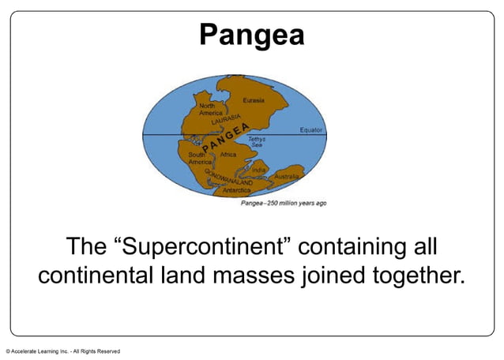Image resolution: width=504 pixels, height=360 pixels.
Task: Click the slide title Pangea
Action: coord(251,35)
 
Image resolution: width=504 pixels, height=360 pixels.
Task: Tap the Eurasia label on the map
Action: coord(265,101)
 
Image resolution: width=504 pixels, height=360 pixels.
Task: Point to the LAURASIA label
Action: coord(226,121)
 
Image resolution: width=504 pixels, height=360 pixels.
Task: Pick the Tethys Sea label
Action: coord(258,142)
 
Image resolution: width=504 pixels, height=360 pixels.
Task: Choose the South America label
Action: coord(197,158)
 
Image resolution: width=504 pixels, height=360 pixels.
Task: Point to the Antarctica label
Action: coord(237,190)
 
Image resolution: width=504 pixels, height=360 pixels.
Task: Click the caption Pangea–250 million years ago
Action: coord(284,203)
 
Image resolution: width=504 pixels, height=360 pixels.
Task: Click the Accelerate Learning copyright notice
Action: coord(63,351)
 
